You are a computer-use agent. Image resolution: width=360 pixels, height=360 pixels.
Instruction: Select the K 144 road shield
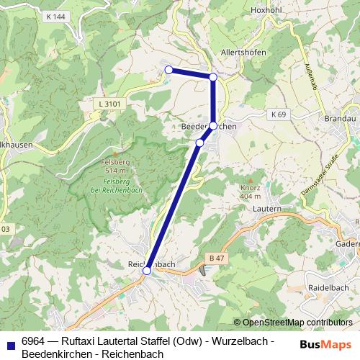click(x=54, y=16)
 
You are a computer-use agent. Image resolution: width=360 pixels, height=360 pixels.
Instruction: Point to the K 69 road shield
click(x=279, y=114)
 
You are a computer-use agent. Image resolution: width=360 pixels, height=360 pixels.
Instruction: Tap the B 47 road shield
click(x=215, y=257)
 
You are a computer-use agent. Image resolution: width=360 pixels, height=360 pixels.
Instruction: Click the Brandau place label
click(x=341, y=118)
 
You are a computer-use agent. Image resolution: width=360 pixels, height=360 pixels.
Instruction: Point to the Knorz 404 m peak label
click(x=250, y=192)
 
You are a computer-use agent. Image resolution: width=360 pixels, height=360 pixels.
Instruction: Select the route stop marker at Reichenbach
click(x=147, y=271)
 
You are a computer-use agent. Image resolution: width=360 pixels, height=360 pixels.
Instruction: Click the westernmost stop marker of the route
click(x=168, y=70)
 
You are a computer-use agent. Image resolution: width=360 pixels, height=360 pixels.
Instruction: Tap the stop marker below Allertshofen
click(x=213, y=77)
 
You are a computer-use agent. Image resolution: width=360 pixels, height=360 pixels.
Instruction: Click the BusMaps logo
click(x=326, y=344)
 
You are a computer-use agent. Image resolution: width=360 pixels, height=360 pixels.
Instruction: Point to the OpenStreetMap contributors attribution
click(x=293, y=323)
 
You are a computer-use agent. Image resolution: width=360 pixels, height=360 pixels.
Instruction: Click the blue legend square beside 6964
click(x=10, y=343)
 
